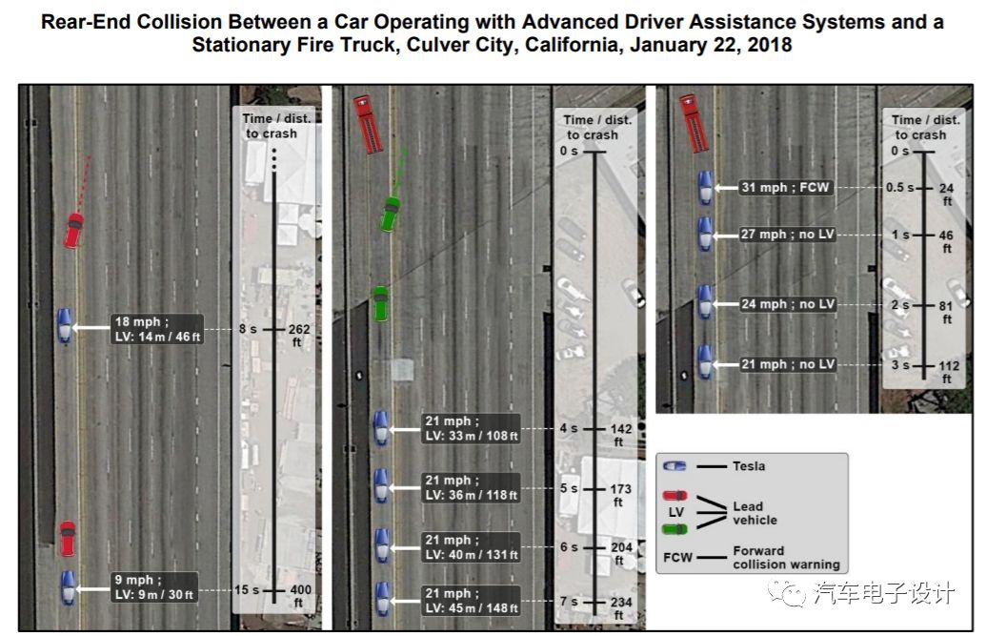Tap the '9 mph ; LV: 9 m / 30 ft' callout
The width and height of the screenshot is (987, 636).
(x=151, y=587)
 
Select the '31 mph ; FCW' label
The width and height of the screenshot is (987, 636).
(x=785, y=188)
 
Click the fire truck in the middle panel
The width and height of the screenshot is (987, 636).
(x=367, y=124)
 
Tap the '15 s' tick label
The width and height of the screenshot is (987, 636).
(x=247, y=590)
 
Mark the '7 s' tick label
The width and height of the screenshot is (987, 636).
(x=569, y=602)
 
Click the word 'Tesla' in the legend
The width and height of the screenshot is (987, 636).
(x=748, y=466)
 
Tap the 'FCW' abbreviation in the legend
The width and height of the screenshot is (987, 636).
(x=677, y=557)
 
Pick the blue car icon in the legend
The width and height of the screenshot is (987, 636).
(x=675, y=466)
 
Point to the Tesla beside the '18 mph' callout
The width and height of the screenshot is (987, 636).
(x=64, y=325)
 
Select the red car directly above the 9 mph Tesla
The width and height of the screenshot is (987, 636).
(x=68, y=538)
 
